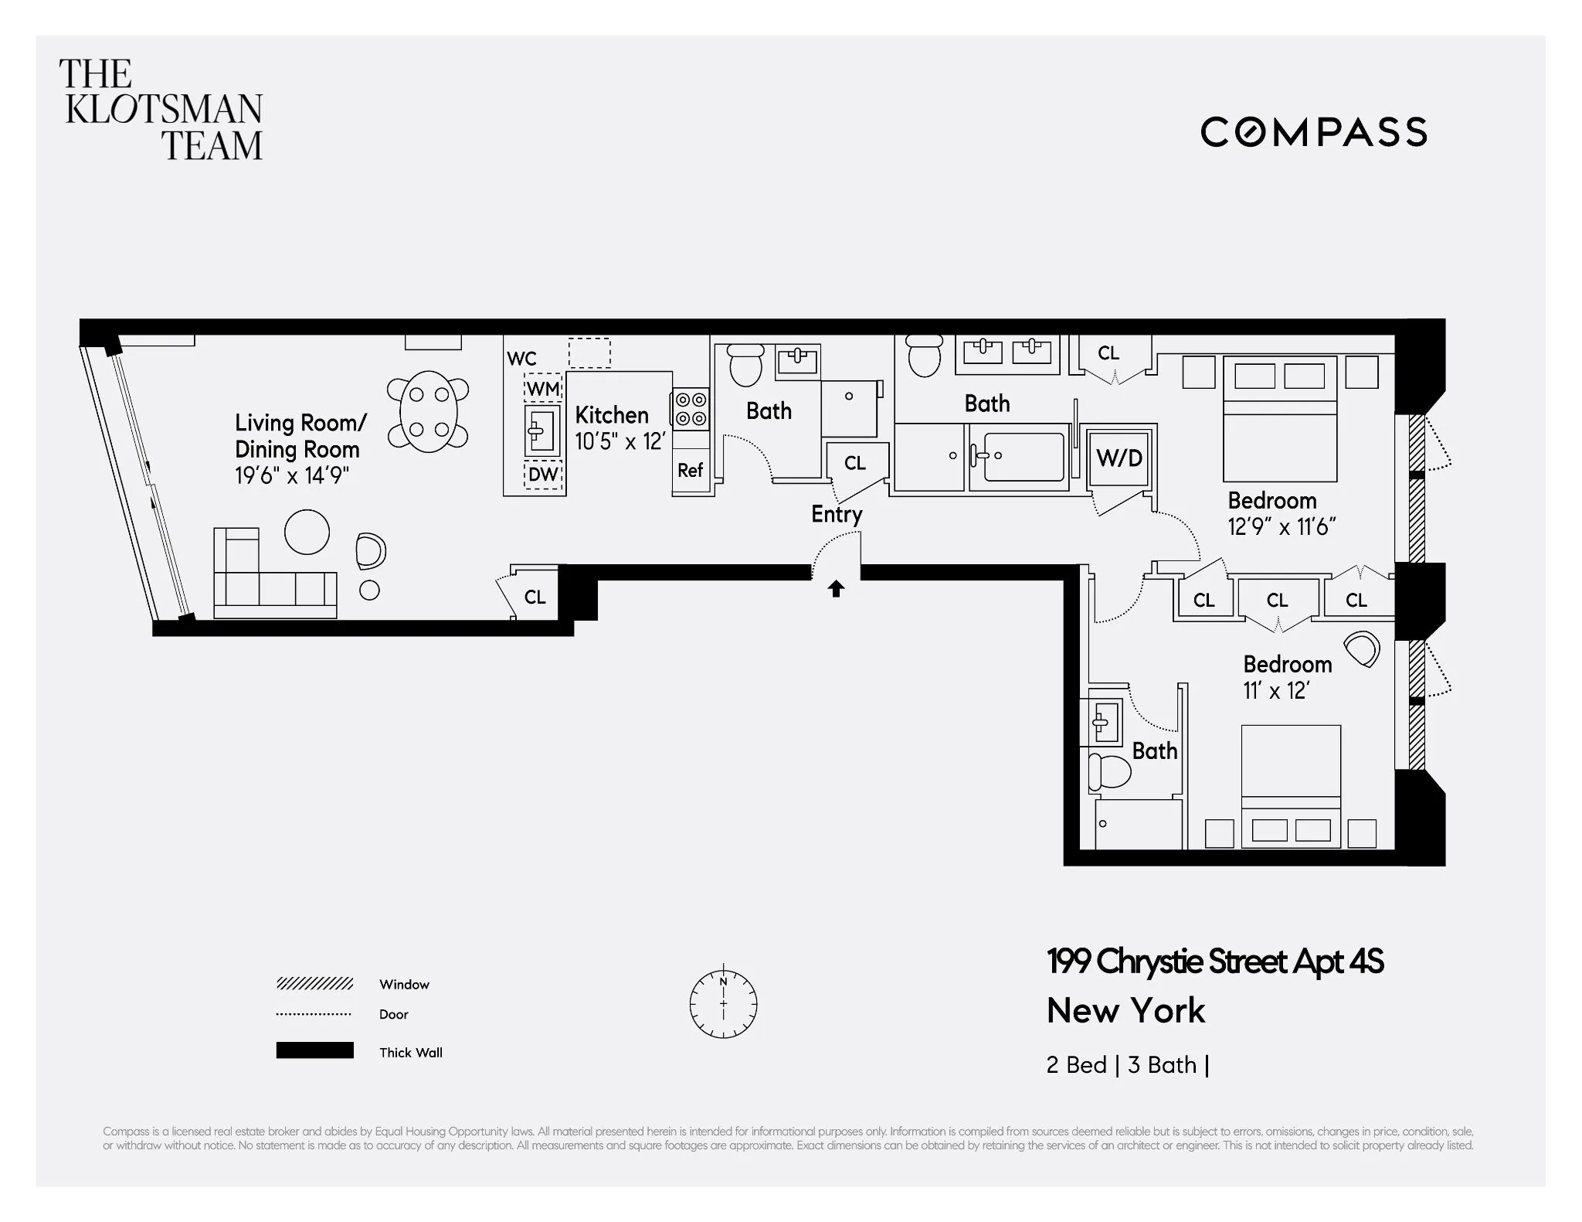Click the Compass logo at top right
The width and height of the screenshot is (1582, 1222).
pyautogui.click(x=1313, y=132)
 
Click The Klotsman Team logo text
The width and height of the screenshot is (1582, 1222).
pyautogui.click(x=161, y=110)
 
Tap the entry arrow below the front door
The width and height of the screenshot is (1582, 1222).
pyautogui.click(x=836, y=589)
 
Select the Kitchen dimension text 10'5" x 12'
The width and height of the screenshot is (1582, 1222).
pyautogui.click(x=620, y=441)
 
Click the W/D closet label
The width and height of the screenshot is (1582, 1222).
pyautogui.click(x=1119, y=458)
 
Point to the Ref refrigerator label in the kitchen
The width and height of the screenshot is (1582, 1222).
pyautogui.click(x=690, y=470)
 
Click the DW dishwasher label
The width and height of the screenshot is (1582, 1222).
pyautogui.click(x=543, y=474)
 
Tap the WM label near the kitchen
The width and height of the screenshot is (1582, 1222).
pyautogui.click(x=543, y=389)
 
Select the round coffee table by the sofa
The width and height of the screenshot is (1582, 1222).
pyautogui.click(x=307, y=532)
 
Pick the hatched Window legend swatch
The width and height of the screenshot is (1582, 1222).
pyautogui.click(x=314, y=983)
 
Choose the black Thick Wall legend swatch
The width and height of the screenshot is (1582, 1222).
pyautogui.click(x=314, y=1050)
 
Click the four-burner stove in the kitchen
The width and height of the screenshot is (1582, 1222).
pyautogui.click(x=691, y=409)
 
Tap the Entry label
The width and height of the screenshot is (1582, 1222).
pyautogui.click(x=836, y=515)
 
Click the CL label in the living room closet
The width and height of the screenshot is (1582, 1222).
pyautogui.click(x=535, y=597)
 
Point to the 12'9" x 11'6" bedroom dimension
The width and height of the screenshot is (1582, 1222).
pyautogui.click(x=1282, y=527)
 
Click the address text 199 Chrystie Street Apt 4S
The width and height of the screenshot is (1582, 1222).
pyautogui.click(x=1214, y=962)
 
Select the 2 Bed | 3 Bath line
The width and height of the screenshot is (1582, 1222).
pyautogui.click(x=1127, y=1065)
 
